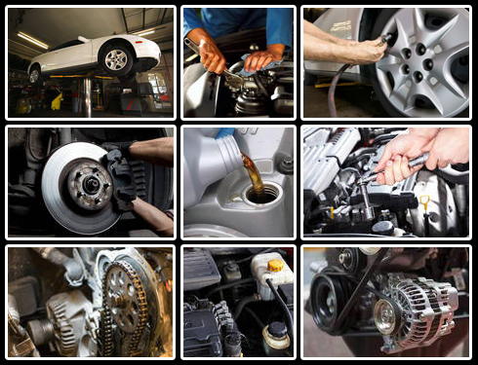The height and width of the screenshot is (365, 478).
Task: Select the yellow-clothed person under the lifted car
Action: coord(57,100)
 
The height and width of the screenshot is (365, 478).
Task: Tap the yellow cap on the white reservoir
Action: coord(275,265)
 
